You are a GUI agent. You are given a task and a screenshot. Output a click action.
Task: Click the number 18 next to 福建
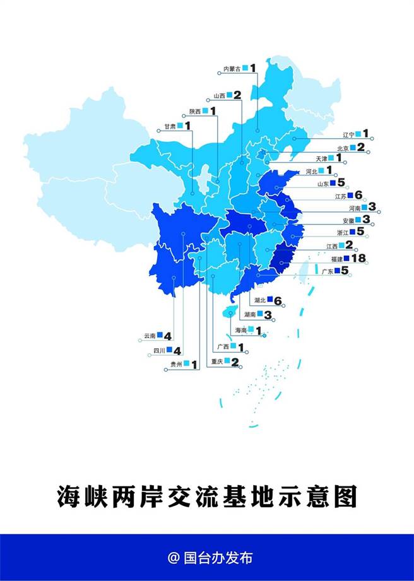pos(359,258)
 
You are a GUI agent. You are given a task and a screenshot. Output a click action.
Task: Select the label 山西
pos(219,97)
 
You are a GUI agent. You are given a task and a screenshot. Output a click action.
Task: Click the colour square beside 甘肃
pos(180,126)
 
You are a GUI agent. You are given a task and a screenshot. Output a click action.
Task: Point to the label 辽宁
pos(348,134)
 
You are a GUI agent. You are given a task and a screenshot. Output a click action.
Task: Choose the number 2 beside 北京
pos(361,147)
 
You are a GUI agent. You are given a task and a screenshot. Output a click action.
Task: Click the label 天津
pos(321,158)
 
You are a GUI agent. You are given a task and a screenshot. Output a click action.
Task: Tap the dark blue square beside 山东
pos(333,183)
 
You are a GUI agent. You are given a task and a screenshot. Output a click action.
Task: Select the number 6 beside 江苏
pos(358,195)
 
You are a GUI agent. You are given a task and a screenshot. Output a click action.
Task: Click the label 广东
pos(327,271)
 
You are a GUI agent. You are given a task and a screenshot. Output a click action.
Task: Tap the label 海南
pos(240,330)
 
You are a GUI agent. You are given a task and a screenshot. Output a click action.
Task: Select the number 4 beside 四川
pos(177,350)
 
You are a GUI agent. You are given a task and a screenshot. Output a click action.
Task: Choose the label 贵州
pos(176,364)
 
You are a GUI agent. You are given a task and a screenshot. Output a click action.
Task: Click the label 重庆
pos(217,361)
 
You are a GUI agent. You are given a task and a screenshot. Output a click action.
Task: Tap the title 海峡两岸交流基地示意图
pos(207,496)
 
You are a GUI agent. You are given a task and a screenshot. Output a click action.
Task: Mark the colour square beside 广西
pos(234,346)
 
